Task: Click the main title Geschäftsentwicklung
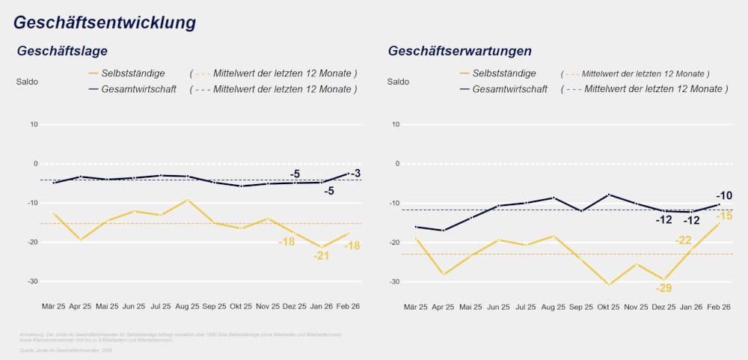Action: click(x=105, y=22)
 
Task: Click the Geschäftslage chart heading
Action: click(x=62, y=52)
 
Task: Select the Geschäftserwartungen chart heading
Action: click(x=459, y=52)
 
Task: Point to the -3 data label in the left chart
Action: click(x=355, y=174)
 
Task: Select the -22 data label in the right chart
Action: click(x=684, y=240)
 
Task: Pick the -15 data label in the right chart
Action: click(x=723, y=216)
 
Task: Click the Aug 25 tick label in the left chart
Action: click(x=187, y=307)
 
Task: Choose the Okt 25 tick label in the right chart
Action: click(x=608, y=307)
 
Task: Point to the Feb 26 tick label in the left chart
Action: click(x=349, y=307)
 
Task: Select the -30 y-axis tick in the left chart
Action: click(x=32, y=281)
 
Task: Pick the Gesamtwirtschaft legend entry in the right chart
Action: click(x=509, y=89)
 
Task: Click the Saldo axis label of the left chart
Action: click(x=27, y=81)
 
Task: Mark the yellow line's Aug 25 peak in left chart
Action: click(x=188, y=200)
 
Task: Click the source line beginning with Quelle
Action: click(x=68, y=349)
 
